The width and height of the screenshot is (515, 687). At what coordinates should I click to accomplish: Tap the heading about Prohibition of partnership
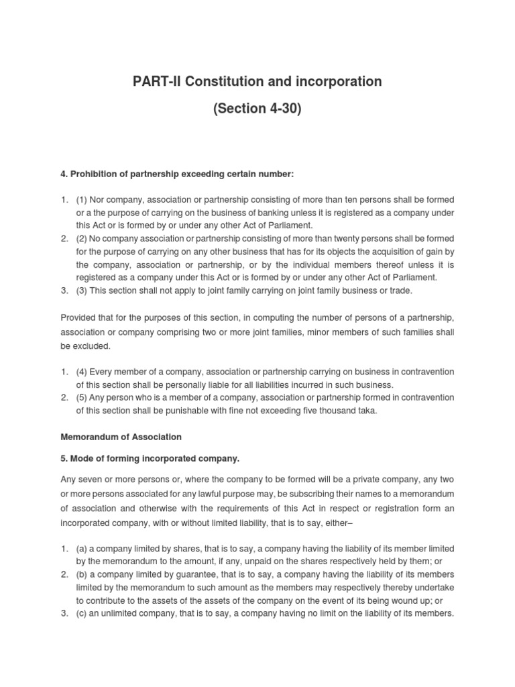coord(177,174)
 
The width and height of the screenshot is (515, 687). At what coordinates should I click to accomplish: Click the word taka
coord(367,411)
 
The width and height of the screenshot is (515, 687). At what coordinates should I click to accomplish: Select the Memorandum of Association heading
coord(121,437)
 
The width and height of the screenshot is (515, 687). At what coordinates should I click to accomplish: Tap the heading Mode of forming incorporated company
coord(150,459)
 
